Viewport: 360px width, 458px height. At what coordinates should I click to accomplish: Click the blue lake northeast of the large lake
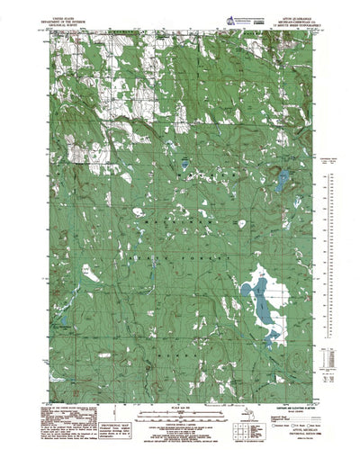[x=282, y=163]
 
